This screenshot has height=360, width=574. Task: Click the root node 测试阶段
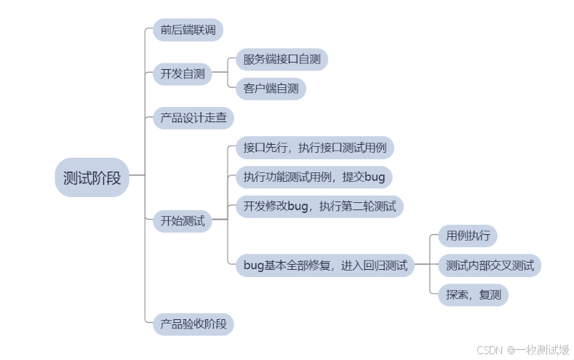coord(92,177)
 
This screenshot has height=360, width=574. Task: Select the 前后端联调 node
coord(188,31)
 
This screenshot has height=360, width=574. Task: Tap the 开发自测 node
coord(182,73)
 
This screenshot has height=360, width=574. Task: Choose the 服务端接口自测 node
coord(282,59)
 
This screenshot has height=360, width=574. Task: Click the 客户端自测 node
coord(271,89)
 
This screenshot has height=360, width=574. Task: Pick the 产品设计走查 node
coord(193,117)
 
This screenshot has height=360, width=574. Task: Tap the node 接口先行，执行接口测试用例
coord(314,148)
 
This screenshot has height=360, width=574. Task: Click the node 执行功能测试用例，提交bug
coord(314,177)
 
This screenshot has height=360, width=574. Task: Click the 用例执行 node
coord(468,236)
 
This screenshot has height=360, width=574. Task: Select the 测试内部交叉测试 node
coord(490,265)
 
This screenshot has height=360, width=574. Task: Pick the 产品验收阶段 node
coord(193,324)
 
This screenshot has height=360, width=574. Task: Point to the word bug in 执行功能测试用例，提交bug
coord(375,177)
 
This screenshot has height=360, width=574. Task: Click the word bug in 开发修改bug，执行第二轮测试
coord(298,207)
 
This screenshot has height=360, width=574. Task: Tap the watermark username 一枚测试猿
coord(541,350)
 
